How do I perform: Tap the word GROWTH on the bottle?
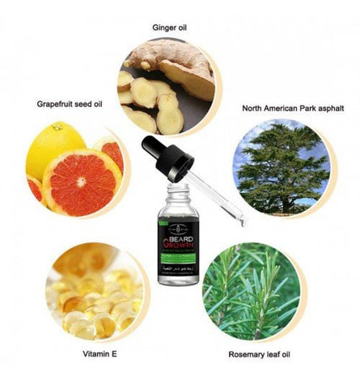tap(178, 227)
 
